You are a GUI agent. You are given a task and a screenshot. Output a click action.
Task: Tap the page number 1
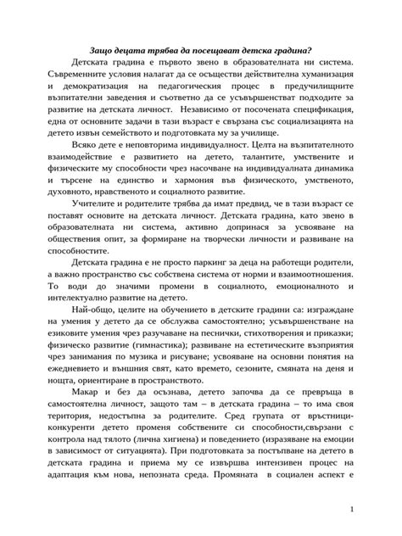click(375, 509)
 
